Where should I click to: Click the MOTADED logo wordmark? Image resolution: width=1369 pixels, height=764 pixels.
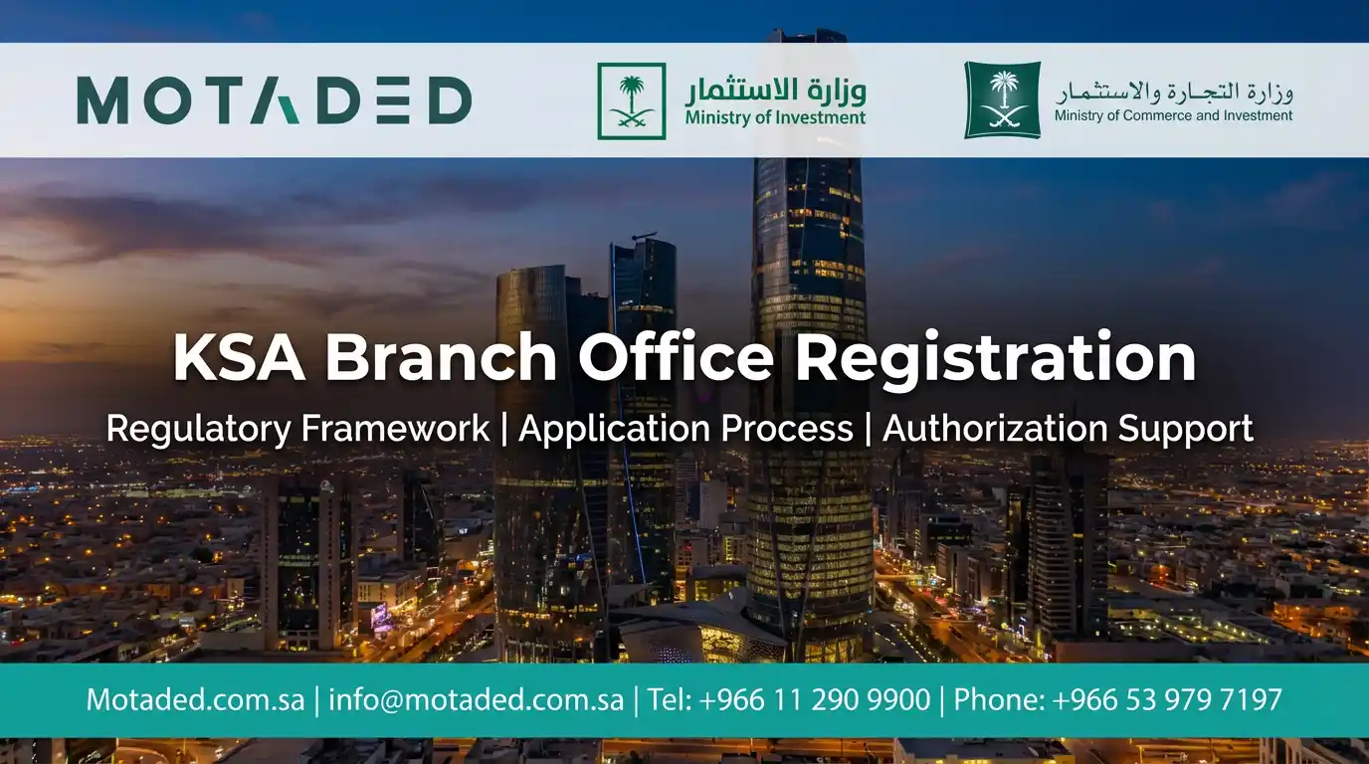pos(274,100)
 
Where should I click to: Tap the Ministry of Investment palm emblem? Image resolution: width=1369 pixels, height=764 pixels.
pos(631,100)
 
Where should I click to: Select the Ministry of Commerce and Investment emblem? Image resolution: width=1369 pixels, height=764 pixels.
pos(1002,99)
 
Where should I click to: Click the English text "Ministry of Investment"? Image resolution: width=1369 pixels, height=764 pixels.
pos(775,117)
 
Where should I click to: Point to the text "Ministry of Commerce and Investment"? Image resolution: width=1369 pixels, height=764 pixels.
pos(1173,115)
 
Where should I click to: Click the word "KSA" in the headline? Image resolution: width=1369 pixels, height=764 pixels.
pos(239,358)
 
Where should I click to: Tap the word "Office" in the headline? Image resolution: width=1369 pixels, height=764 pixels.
pos(676,358)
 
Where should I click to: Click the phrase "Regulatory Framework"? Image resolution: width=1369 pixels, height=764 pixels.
pos(297,429)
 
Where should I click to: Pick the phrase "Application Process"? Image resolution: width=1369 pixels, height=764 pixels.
pos(685,429)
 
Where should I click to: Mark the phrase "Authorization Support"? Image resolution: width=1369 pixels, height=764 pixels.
pos(1068,429)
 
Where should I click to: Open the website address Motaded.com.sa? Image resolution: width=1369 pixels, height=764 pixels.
pos(195,699)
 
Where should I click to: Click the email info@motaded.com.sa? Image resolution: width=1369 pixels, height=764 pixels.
pos(476,699)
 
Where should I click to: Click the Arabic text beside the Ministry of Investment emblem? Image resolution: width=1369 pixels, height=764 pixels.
pos(775,91)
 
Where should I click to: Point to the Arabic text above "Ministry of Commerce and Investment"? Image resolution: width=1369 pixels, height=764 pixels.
pos(1173,92)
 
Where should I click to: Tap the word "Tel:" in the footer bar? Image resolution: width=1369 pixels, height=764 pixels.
pos(670,699)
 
